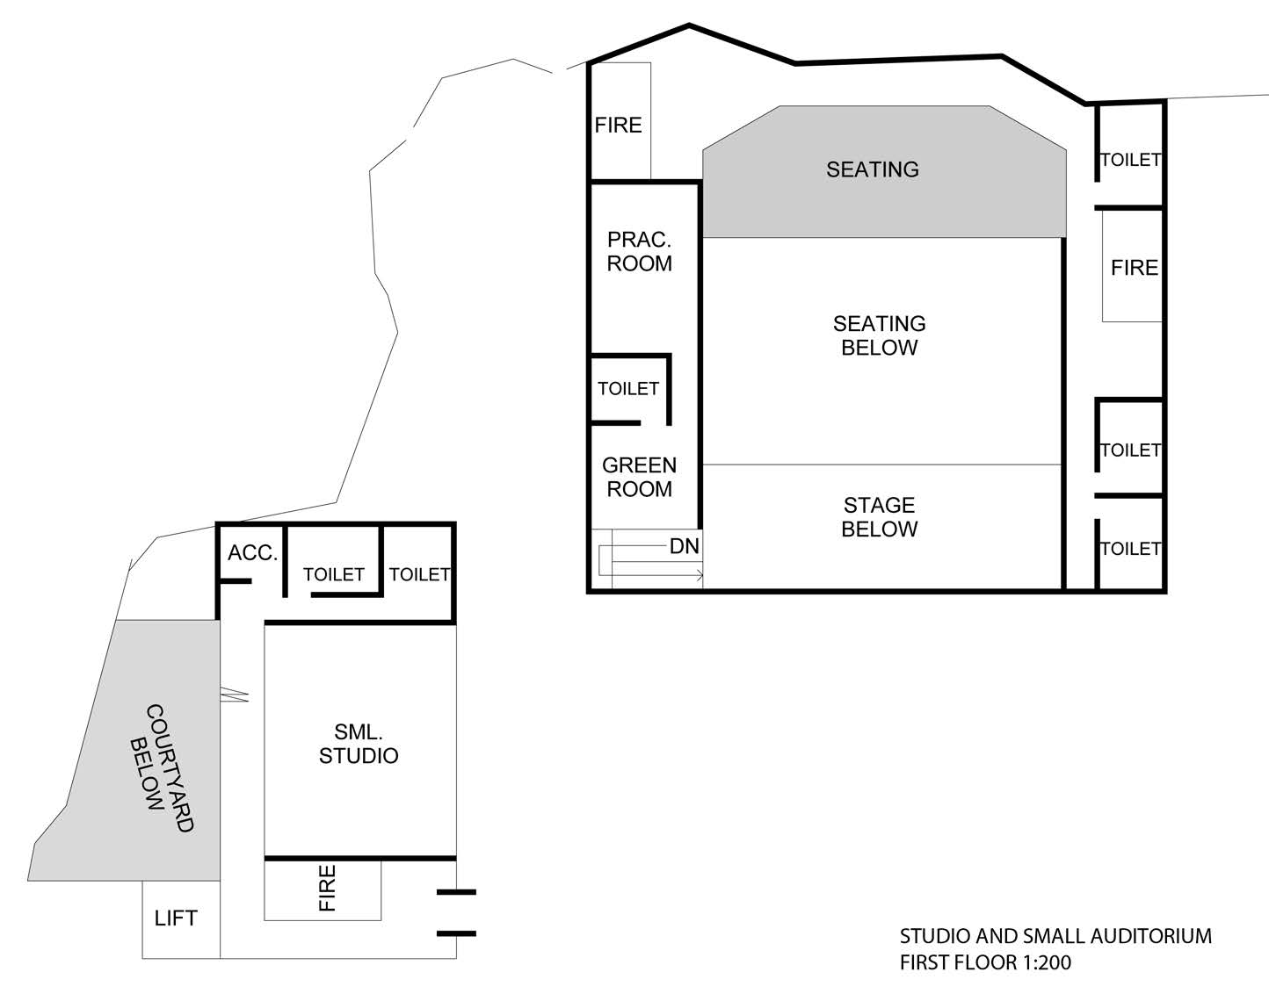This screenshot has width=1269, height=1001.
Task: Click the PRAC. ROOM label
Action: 640,252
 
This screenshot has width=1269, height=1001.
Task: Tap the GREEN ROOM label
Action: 640,477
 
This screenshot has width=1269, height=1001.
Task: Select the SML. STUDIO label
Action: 359,744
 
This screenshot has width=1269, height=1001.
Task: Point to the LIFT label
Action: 176,918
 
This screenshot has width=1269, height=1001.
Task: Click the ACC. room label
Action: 252,552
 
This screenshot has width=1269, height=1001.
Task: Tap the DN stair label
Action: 685,546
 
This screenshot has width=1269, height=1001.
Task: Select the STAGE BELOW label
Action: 879,516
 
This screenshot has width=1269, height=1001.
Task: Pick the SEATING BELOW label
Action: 879,335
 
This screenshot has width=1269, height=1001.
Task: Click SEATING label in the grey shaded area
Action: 872,169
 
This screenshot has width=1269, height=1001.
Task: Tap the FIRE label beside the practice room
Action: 618,125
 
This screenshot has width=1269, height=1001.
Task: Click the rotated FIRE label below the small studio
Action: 327,888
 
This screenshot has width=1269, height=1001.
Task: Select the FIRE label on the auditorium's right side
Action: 1135,268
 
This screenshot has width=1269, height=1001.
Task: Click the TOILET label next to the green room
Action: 628,389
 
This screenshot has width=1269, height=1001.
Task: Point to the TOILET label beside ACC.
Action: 334,574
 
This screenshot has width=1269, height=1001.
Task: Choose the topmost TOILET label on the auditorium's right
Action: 1131,160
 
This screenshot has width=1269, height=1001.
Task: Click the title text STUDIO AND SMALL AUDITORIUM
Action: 1055,936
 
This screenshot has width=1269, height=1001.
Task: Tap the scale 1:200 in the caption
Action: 1047,962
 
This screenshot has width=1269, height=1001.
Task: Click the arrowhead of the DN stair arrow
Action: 700,575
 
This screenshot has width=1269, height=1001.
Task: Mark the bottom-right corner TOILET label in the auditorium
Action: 1131,549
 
